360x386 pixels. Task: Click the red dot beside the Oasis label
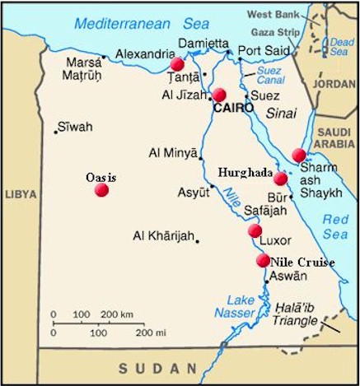pyautogui.click(x=101, y=189)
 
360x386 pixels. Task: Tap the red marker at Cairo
pyautogui.click(x=220, y=95)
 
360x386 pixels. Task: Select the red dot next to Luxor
pyautogui.click(x=255, y=231)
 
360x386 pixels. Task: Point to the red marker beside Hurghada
pyautogui.click(x=281, y=178)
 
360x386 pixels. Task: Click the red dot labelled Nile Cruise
pyautogui.click(x=263, y=260)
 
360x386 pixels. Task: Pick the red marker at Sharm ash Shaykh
pyautogui.click(x=298, y=155)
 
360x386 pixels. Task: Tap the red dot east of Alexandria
pyautogui.click(x=177, y=63)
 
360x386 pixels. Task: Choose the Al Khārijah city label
pyautogui.click(x=163, y=237)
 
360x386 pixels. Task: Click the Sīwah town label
pyautogui.click(x=74, y=127)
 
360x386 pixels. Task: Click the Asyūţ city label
pyautogui.click(x=194, y=192)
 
